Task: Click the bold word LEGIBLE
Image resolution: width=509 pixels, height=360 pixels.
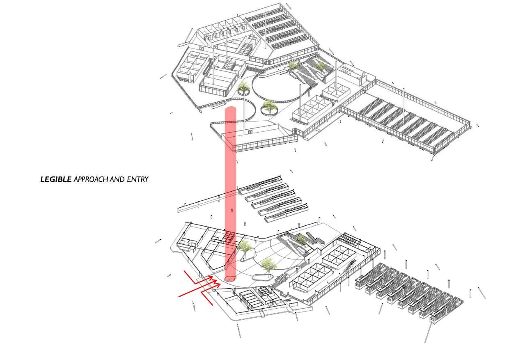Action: click(x=56, y=179)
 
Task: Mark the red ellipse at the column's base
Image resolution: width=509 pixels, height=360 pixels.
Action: click(x=231, y=279)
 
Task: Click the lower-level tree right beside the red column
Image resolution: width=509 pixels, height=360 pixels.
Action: click(x=245, y=248)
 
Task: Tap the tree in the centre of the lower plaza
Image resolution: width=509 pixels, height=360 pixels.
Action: click(x=269, y=265)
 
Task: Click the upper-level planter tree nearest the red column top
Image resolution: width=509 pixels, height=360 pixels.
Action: click(x=243, y=87)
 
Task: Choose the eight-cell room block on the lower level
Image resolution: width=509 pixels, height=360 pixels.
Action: click(x=312, y=277)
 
